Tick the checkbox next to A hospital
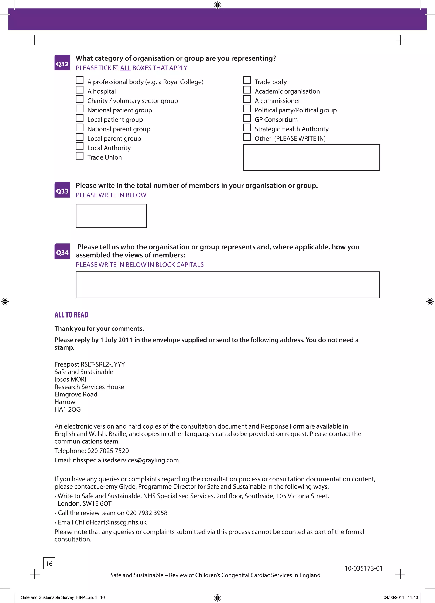coord(80,90)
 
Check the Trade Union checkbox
coord(80,156)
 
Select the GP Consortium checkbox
coord(247,118)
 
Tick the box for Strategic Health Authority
coord(247,128)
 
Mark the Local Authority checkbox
coord(80,146)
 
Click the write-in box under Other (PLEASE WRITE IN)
coord(311,157)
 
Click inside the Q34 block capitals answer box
coord(227,285)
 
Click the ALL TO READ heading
coord(71,315)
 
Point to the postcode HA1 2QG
coord(68,409)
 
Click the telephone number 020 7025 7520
coord(108,451)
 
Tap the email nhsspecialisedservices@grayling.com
coord(126,460)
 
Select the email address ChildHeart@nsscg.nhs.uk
coord(111,522)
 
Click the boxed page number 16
coord(49,563)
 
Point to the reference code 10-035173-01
coord(363,568)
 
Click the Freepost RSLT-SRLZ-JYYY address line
coord(90,364)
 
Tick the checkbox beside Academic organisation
coord(247,90)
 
